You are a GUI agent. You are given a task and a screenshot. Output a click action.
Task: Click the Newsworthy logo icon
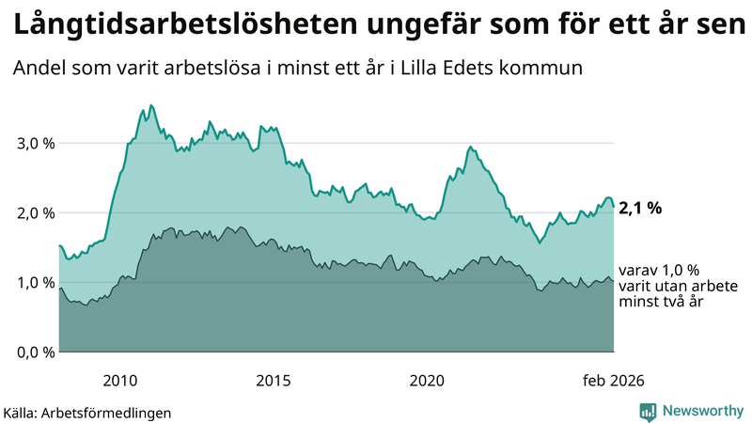tap(649, 411)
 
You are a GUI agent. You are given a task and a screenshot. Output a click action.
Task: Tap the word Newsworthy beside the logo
tap(702, 411)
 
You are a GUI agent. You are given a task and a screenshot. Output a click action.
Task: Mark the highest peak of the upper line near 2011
tap(151, 105)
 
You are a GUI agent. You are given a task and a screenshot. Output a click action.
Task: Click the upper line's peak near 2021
tap(470, 148)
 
